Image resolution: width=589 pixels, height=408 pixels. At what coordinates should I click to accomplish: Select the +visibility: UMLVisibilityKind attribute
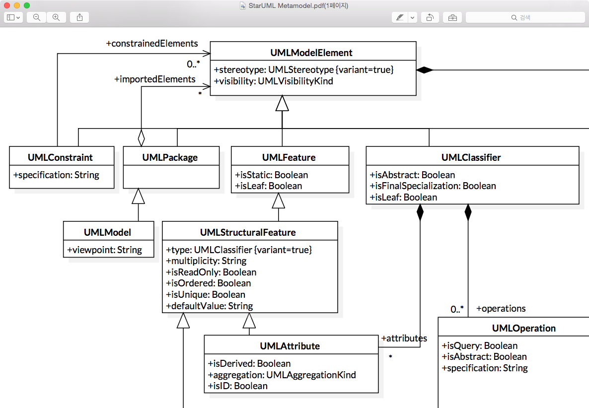pyautogui.click(x=273, y=81)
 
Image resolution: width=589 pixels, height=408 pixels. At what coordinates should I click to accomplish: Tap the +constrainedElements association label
pyautogui.click(x=152, y=44)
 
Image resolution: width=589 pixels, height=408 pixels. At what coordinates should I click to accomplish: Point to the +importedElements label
pyautogui.click(x=155, y=79)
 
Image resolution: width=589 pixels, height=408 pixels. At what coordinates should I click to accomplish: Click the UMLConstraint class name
pyautogui.click(x=60, y=157)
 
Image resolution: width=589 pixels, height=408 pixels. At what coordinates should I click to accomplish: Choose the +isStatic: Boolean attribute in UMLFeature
pyautogui.click(x=271, y=175)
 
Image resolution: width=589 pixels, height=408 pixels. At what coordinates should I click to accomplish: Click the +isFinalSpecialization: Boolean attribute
pyautogui.click(x=433, y=186)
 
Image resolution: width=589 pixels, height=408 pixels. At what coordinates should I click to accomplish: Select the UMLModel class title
pyautogui.click(x=107, y=232)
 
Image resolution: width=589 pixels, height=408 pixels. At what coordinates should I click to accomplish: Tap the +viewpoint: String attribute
pyautogui.click(x=105, y=250)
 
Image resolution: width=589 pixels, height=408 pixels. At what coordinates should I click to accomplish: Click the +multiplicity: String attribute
pyautogui.click(x=206, y=261)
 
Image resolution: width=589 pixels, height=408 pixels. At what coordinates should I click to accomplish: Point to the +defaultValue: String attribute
pyautogui.click(x=209, y=306)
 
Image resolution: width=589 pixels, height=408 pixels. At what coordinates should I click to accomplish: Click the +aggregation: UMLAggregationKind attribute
pyautogui.click(x=282, y=375)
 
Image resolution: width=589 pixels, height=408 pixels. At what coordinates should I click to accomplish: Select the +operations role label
pyautogui.click(x=501, y=308)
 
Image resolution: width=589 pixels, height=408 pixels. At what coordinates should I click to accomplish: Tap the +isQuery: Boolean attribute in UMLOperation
pyautogui.click(x=479, y=345)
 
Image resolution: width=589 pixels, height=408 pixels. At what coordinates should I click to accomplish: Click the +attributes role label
pyautogui.click(x=404, y=338)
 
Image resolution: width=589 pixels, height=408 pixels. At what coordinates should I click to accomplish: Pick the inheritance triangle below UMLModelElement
pyautogui.click(x=282, y=103)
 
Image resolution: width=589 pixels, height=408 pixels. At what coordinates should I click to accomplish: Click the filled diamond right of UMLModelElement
pyautogui.click(x=425, y=70)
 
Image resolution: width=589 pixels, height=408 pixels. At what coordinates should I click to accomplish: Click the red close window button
pyautogui.click(x=7, y=5)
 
